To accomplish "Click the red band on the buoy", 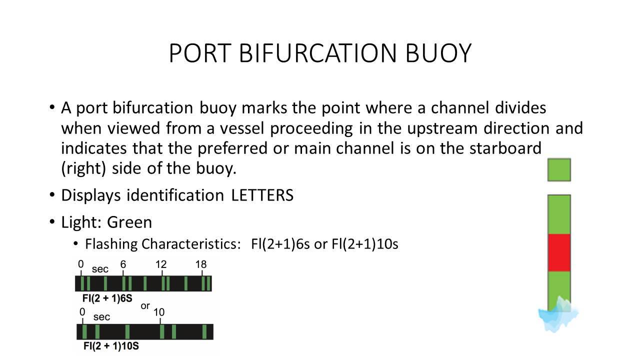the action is tap(559, 252).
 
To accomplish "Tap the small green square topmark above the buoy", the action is tap(559, 170).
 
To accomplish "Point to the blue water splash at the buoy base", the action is tap(558, 315).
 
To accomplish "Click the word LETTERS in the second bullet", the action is tap(262, 195).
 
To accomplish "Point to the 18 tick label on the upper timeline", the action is tap(200, 264).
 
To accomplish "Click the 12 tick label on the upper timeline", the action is tap(160, 264).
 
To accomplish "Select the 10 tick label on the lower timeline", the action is tap(159, 312).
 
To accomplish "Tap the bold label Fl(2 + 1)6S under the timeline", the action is tap(107, 299).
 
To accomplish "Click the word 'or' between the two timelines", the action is tap(145, 305).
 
